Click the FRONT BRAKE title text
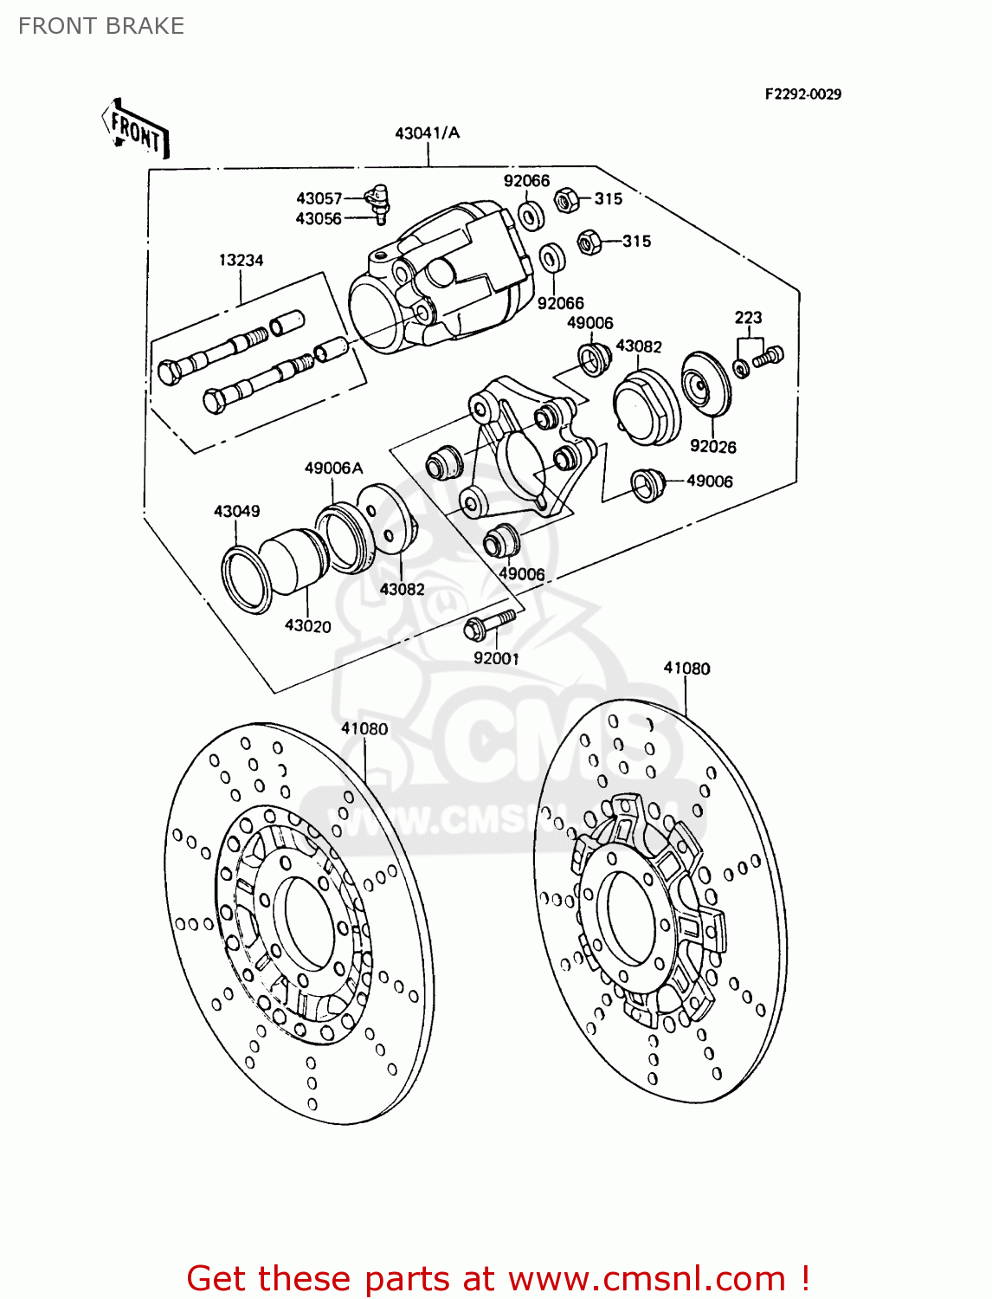pos(101,26)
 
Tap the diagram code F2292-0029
pos(802,94)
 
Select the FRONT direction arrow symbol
pos(136,130)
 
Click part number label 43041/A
pos(428,133)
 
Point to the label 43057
pos(319,198)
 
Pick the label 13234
pos(241,260)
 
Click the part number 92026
pos(712,447)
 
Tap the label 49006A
pos(333,469)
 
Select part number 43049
pos(236,511)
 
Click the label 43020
pos(307,626)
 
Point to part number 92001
pos(496,658)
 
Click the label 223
pos(748,318)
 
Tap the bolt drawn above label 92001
pos(490,623)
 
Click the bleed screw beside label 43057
pos(377,201)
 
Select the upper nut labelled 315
pos(565,201)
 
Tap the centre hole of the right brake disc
pos(635,919)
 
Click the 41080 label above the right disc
pos(686,669)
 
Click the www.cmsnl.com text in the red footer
pos(646,1278)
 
